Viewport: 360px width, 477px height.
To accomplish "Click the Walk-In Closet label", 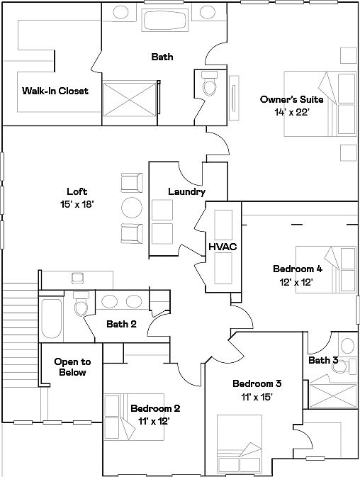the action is pos(55,91).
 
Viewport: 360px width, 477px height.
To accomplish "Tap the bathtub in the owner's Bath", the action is pos(165,20).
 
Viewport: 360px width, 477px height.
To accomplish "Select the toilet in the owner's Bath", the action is pos(210,84).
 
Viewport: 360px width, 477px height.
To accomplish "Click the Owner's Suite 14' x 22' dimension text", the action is pos(292,113).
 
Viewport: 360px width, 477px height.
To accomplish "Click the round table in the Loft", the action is pos(132,208).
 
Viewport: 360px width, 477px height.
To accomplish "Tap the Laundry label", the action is pos(186,191).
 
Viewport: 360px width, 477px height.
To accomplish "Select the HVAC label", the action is pos(223,247).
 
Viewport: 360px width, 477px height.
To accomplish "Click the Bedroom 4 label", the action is pos(298,269).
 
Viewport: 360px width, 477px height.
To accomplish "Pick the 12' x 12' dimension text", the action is pos(296,282).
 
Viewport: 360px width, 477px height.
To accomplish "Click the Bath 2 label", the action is pos(121,324).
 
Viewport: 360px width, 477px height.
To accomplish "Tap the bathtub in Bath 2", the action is pos(52,319).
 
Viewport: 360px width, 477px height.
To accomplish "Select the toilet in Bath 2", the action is pos(81,304).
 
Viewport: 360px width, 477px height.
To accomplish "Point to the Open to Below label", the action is pos(72,367).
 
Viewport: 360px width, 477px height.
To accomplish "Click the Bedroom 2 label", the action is pos(155,408).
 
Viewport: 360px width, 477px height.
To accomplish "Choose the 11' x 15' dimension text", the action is pos(257,397).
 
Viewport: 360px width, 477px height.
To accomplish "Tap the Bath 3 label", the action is pos(323,360).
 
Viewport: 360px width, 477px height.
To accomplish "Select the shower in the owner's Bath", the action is pos(130,99).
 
